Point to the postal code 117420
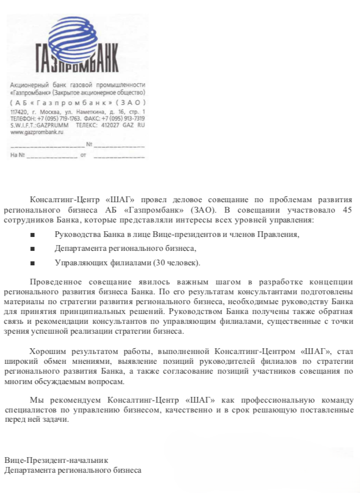[x=19, y=111]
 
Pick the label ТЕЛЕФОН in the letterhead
[x=23, y=118]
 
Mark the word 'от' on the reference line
[x=83, y=155]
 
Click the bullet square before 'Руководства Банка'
[x=32, y=235]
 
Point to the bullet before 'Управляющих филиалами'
[x=32, y=263]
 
